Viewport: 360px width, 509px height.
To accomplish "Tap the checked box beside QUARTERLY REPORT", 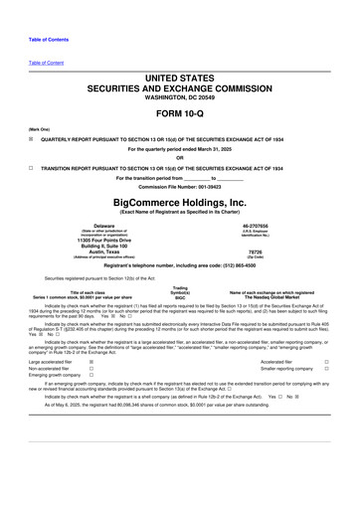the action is (32, 139).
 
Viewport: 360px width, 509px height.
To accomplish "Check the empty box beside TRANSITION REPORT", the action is (32, 169).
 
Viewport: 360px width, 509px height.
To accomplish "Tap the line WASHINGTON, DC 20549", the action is (180, 80).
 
